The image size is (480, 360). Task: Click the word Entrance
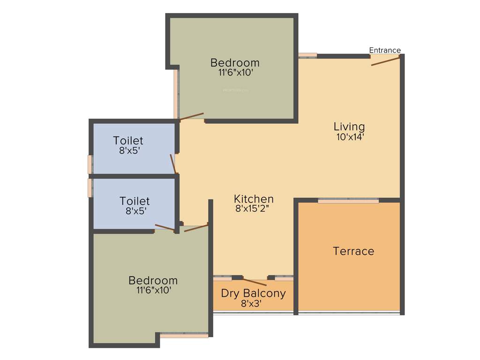385,50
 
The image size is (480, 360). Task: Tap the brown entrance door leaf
385,61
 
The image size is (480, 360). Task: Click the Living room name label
349,127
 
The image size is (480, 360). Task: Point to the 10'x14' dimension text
349,137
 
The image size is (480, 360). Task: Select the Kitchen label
254,199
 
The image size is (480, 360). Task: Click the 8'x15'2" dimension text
254,209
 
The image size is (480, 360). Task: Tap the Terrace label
353,251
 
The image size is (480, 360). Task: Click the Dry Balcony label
253,293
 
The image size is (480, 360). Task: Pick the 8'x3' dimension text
251,304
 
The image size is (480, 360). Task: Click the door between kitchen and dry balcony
255,282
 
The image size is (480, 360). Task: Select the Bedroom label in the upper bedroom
235,62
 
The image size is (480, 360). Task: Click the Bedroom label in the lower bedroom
153,280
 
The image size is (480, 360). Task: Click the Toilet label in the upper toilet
128,141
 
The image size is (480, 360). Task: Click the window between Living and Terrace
348,201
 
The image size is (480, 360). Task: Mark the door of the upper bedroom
192,116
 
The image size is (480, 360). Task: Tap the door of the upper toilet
173,164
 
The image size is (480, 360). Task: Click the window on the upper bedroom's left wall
176,94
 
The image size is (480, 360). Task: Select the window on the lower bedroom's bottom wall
184,336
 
